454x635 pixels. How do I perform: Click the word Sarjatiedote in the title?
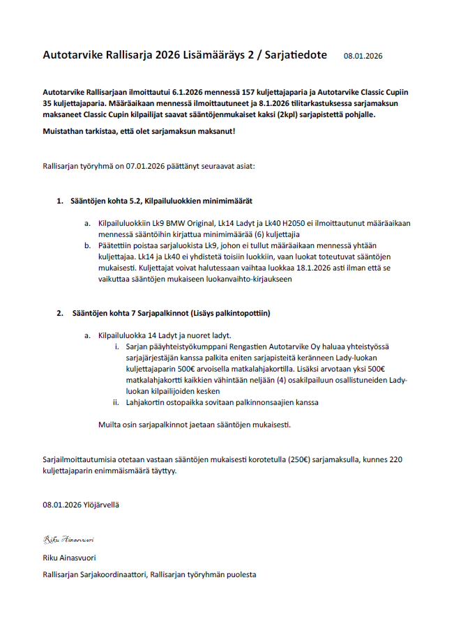tap(293, 54)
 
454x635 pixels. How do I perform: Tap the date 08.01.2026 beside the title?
tap(363, 56)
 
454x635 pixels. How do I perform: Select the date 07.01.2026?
tap(146, 167)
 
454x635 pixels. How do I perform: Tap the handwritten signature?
tap(68, 540)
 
